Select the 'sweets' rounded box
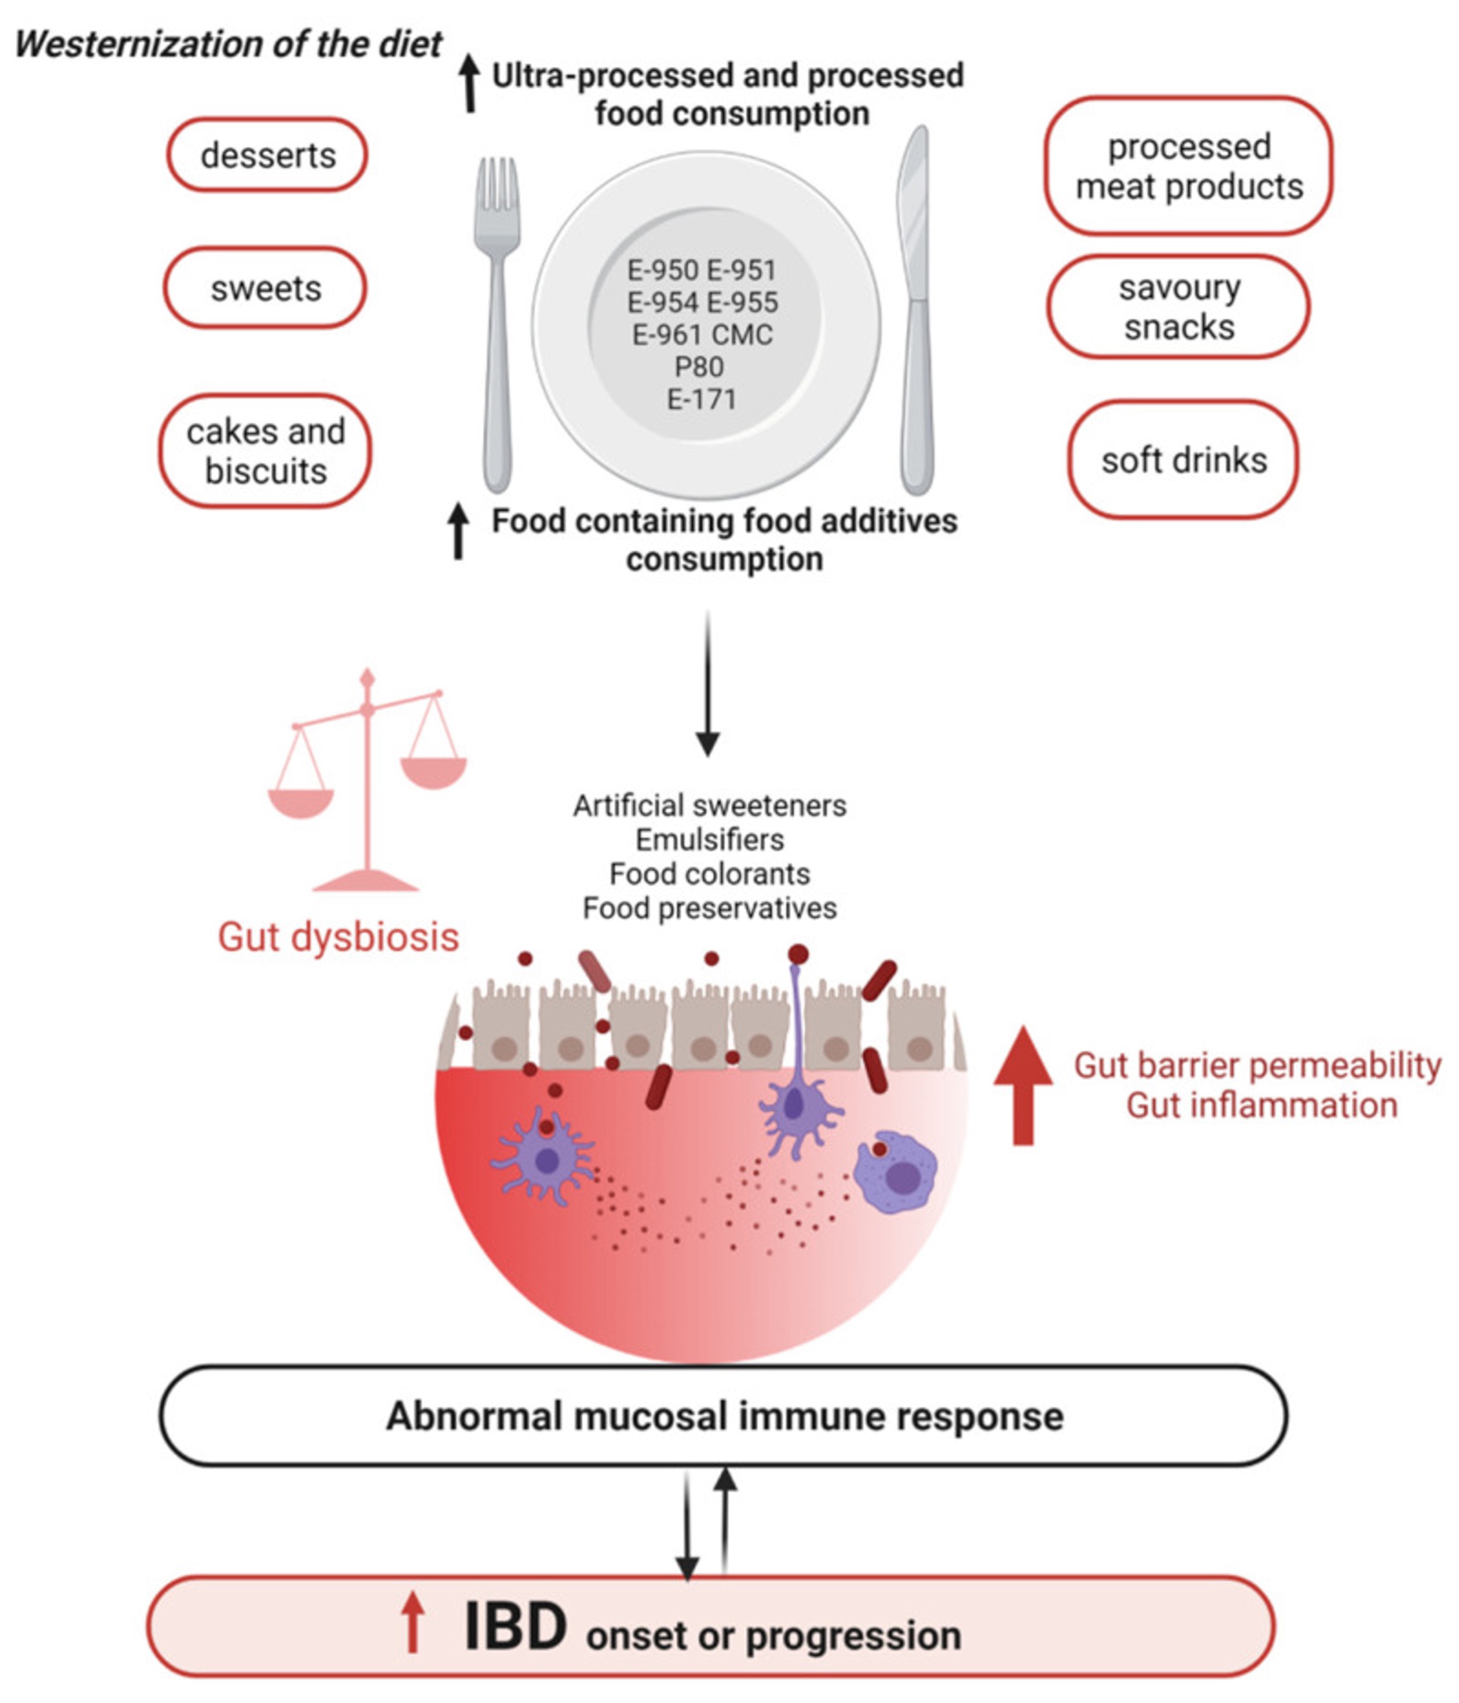(265, 288)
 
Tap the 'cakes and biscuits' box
(265, 451)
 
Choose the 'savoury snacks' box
(1178, 308)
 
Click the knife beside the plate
(917, 312)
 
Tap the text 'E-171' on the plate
(701, 399)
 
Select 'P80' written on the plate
(699, 367)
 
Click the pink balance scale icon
(367, 781)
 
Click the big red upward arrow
(1023, 1085)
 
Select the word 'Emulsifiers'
(710, 840)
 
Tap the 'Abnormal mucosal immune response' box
(723, 1417)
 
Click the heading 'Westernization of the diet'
(228, 44)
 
